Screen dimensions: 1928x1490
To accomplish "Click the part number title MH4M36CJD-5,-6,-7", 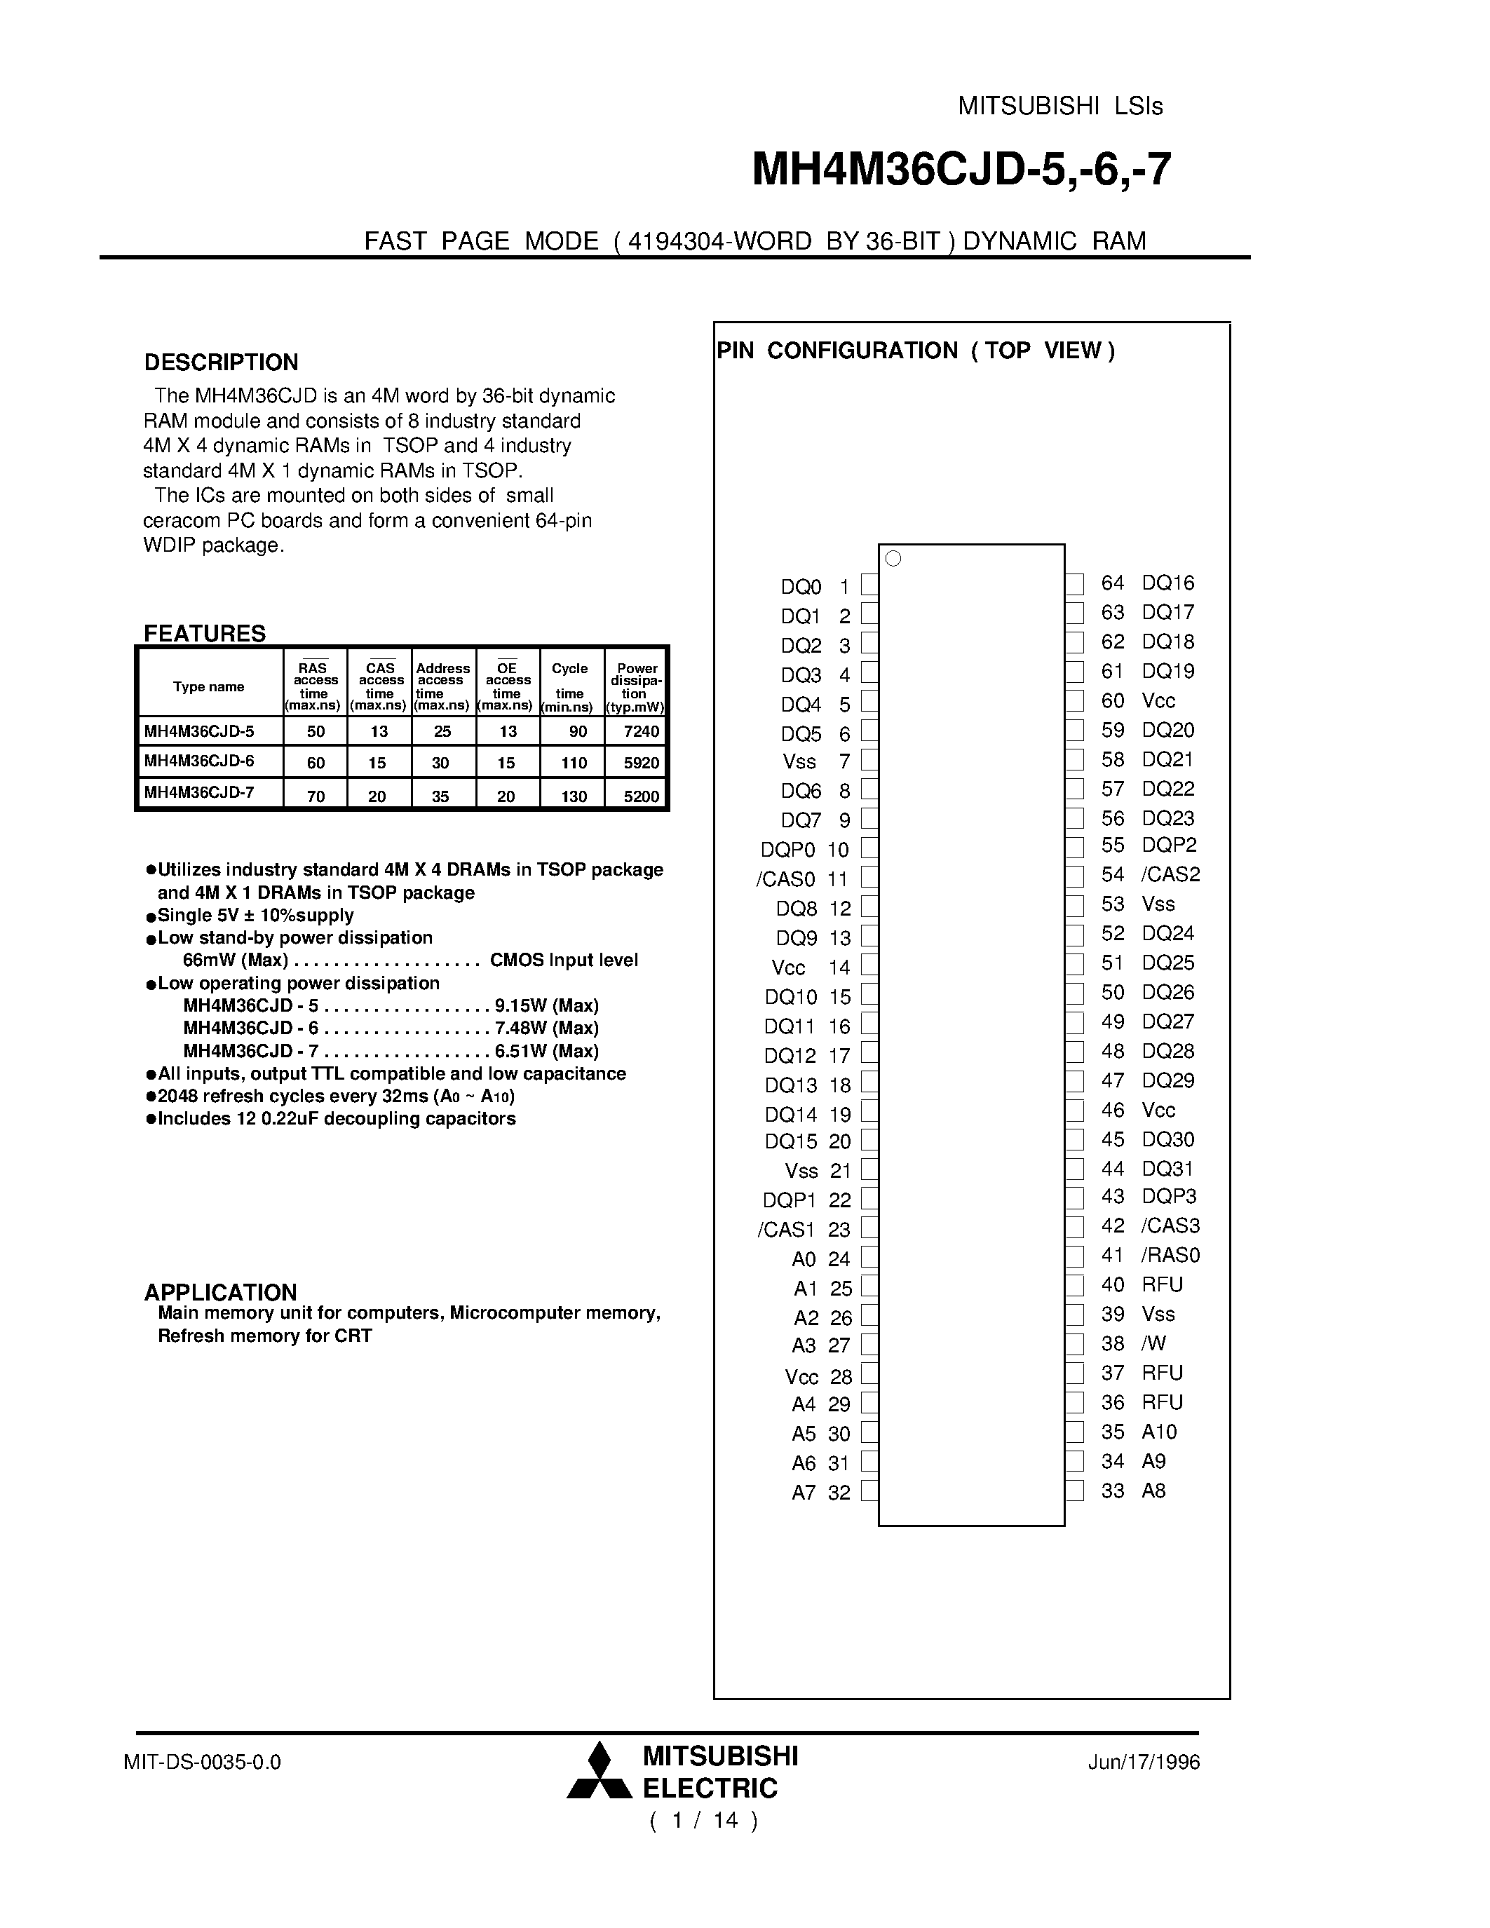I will (x=961, y=170).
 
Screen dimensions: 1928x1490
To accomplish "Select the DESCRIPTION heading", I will (x=221, y=363).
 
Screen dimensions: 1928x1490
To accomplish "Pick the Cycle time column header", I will (x=569, y=688).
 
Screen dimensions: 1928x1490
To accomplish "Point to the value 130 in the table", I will (x=574, y=796).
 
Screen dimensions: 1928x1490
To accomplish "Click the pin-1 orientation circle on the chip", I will (x=893, y=559).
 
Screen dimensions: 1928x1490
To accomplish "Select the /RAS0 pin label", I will (x=1170, y=1256).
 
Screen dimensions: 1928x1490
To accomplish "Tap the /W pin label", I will (x=1153, y=1343).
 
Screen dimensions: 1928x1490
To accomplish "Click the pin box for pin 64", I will (x=1074, y=583).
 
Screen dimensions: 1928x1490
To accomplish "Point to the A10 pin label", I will (x=1159, y=1432).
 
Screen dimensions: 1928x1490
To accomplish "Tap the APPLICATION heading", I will (x=221, y=1292).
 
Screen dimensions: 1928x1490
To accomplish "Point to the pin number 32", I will (x=839, y=1493).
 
